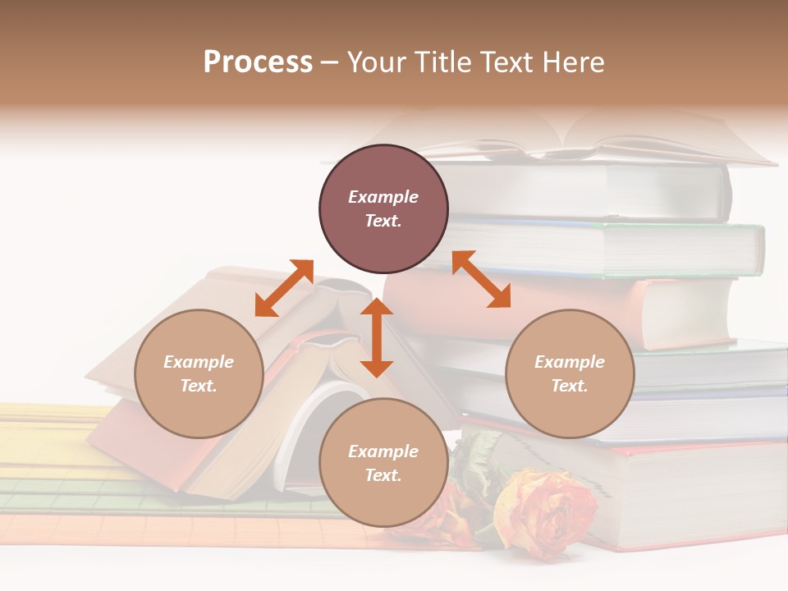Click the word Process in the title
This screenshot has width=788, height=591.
258,62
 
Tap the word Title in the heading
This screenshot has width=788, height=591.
438,62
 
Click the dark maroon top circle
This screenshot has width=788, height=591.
383,208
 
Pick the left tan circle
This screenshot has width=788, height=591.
199,373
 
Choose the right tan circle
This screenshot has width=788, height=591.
570,373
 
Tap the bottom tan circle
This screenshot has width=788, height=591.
383,462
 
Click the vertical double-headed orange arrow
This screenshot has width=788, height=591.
377,337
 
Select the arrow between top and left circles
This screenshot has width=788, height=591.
284,288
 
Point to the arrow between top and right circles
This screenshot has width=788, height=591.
481,279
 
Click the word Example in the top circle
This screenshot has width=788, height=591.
383,197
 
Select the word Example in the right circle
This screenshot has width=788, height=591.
570,362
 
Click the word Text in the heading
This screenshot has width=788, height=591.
503,62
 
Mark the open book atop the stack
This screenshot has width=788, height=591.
575,140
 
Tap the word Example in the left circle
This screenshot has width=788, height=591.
199,362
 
